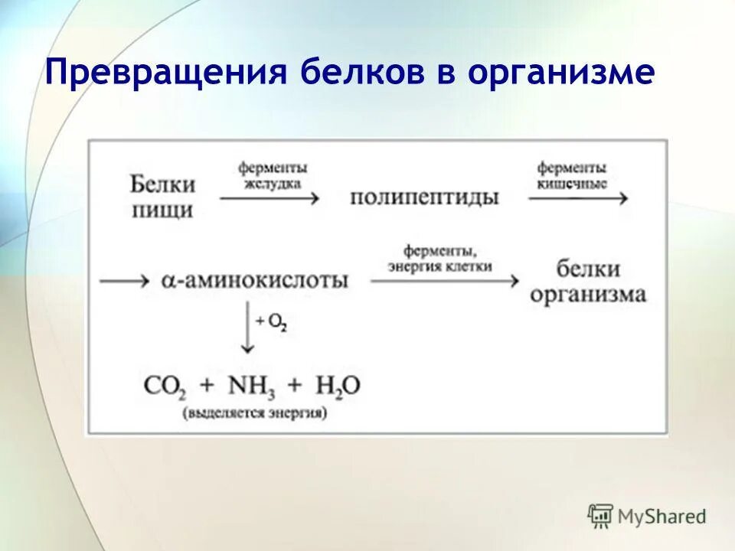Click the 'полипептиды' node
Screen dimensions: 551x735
click(x=424, y=197)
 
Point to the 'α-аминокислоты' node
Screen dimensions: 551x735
click(x=255, y=280)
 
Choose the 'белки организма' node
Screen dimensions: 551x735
click(x=588, y=282)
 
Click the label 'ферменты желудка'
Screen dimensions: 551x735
click(x=272, y=175)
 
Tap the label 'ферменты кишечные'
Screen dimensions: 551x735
click(x=572, y=175)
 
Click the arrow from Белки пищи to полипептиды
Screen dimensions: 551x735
click(x=269, y=198)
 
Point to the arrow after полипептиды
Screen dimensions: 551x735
click(x=577, y=198)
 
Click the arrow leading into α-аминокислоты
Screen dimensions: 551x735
click(x=124, y=281)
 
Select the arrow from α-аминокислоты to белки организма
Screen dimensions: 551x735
click(x=444, y=281)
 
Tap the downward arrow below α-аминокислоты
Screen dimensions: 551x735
click(x=247, y=327)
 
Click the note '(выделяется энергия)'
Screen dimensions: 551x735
click(x=254, y=412)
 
